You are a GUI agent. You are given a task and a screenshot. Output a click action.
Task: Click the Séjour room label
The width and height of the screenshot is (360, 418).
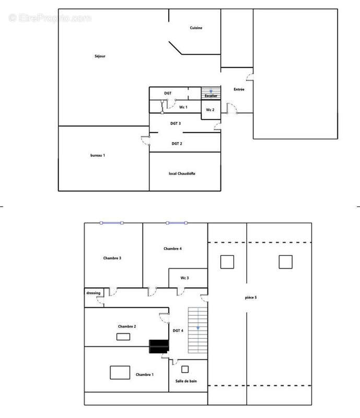(100, 56)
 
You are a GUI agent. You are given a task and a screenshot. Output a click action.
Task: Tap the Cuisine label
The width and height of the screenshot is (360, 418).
(196, 28)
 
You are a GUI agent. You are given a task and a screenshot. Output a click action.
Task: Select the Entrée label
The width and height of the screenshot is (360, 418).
(239, 89)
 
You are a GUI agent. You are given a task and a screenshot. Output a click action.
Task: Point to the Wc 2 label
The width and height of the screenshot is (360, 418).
(210, 110)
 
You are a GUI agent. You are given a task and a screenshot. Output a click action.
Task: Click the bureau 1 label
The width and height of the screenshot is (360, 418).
(98, 155)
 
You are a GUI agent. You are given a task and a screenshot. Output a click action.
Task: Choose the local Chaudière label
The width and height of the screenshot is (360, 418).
(182, 173)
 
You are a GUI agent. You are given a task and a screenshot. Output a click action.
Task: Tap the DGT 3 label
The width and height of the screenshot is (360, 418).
(176, 123)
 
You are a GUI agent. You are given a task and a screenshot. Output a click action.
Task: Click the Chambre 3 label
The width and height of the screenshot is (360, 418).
(112, 258)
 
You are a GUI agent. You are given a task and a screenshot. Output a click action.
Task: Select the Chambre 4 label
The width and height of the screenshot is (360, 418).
(172, 249)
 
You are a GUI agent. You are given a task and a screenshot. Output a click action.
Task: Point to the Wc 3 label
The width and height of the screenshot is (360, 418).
(184, 278)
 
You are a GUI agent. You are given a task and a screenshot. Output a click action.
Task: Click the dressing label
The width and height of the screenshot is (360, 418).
(94, 293)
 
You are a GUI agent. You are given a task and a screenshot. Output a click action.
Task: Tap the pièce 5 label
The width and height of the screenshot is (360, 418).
(251, 297)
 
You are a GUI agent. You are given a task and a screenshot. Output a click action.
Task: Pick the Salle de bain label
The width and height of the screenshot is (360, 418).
(186, 381)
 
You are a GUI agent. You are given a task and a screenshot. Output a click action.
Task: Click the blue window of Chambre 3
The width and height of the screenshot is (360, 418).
(111, 223)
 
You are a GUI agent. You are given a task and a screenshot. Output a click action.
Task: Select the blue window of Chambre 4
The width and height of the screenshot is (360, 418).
(177, 223)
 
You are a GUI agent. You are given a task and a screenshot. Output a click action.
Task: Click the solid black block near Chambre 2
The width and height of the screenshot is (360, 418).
(159, 346)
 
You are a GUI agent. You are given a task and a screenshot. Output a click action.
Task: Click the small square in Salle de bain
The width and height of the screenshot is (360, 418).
(185, 369)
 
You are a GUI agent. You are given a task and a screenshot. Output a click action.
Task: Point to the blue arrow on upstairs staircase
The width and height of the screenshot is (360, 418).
(198, 328)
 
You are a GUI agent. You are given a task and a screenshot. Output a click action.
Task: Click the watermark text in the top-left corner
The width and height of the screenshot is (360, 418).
(50, 18)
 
